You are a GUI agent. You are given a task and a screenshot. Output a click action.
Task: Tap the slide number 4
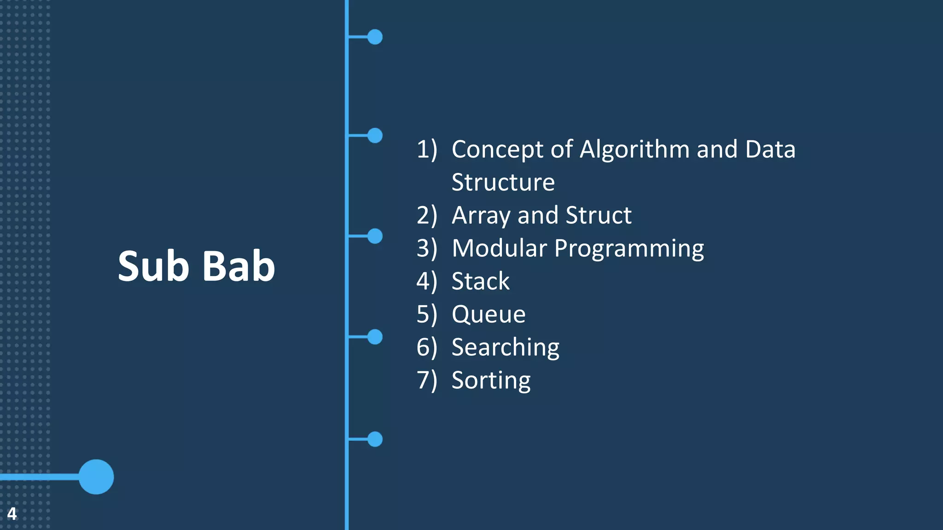[x=12, y=513]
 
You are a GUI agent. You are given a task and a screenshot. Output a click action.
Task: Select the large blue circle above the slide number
[x=96, y=477]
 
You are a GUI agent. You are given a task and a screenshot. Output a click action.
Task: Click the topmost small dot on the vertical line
[x=375, y=37]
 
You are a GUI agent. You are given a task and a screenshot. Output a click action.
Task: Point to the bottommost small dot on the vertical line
[x=375, y=439]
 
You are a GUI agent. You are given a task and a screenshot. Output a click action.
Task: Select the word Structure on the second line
[x=503, y=182]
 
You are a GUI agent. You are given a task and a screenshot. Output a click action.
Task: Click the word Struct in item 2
[x=598, y=215]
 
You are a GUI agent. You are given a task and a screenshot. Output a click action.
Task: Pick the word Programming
[x=629, y=249]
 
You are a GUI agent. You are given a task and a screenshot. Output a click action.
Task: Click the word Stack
[x=480, y=281]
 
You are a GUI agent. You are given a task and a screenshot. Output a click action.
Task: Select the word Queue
[x=488, y=314]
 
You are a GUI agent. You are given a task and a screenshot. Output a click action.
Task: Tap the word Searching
[x=505, y=347]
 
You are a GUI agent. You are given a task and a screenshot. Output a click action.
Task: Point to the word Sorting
[x=491, y=380]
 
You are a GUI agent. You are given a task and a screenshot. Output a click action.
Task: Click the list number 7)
[x=426, y=380]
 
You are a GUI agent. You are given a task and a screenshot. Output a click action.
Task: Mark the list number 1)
[x=426, y=150]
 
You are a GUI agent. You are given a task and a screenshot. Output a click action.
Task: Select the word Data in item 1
[x=770, y=150]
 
